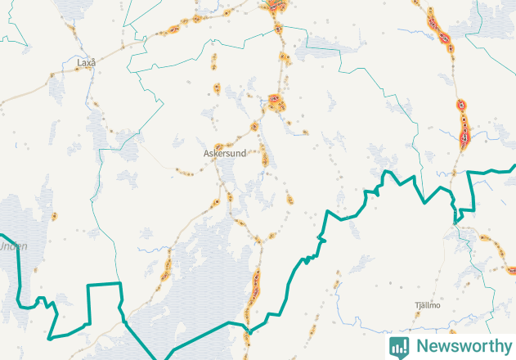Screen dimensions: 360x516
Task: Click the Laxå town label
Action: (x=86, y=62)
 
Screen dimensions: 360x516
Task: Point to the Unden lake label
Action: (x=12, y=245)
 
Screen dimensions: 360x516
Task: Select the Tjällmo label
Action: (x=428, y=305)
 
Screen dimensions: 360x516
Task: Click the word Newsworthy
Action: (x=462, y=346)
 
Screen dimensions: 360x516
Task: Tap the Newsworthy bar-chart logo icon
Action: (x=399, y=346)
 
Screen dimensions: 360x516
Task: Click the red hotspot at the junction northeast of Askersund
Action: (x=276, y=102)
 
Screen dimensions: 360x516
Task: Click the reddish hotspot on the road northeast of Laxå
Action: (x=173, y=30)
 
